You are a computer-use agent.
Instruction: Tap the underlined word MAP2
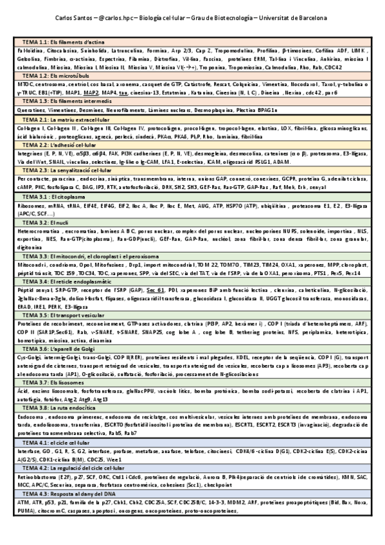tap(91, 93)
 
